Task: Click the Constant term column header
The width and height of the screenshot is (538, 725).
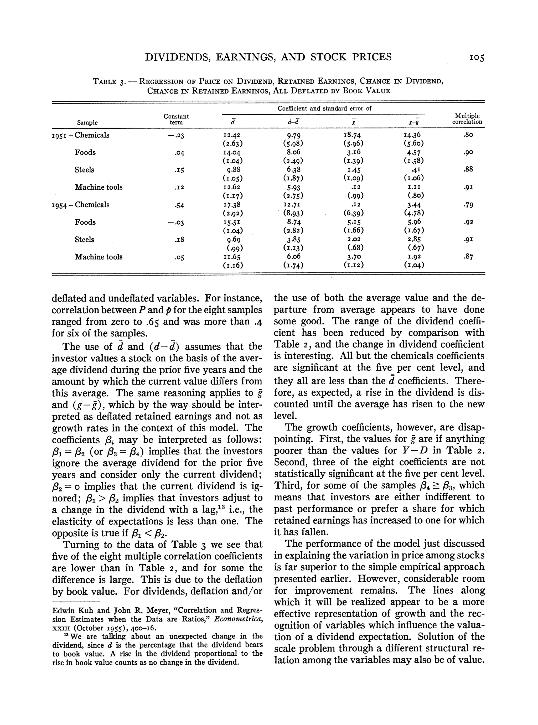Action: click(x=176, y=119)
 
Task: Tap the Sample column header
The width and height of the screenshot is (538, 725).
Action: click(x=87, y=123)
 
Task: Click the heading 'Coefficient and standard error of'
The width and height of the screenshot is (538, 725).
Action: click(x=324, y=108)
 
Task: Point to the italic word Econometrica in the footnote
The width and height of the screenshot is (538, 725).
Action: click(x=238, y=619)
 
